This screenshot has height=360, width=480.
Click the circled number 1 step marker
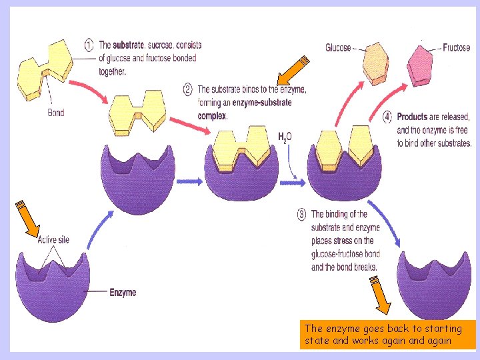tap(89, 46)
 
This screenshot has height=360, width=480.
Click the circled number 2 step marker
tap(188, 89)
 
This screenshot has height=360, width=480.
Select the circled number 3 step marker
tap(301, 215)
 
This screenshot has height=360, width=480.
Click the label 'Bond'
tap(56, 113)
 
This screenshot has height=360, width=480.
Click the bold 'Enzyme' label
tap(123, 293)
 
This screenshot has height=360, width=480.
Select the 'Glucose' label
tap(338, 47)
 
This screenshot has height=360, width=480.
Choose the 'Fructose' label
tap(456, 48)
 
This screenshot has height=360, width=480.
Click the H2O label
tap(285, 137)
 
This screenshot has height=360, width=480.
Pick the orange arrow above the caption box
tap(381, 296)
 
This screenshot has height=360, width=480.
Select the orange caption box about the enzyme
tap(388, 335)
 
